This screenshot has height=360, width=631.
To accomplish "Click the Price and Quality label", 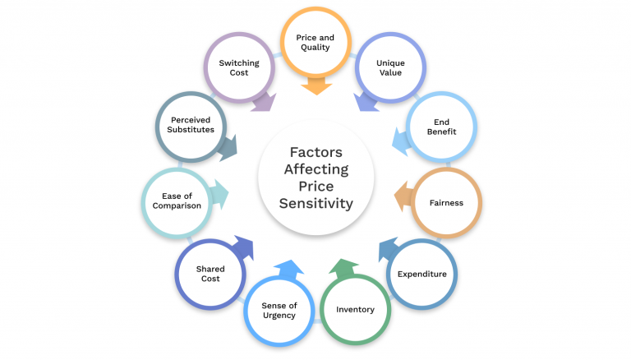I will (x=315, y=43).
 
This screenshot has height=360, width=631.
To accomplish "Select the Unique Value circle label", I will (x=389, y=67).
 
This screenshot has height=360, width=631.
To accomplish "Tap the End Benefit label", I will (x=441, y=127).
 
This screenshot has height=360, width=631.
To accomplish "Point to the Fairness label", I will (x=446, y=202).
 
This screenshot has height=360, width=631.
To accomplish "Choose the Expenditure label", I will (x=421, y=274).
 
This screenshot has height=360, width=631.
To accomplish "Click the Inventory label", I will (x=355, y=309).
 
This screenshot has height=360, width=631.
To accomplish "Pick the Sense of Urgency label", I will (x=279, y=310).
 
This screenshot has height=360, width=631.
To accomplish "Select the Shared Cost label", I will (x=210, y=274).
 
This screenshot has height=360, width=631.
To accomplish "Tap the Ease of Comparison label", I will (x=177, y=201).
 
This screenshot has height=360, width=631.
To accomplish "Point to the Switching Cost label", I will (x=240, y=67).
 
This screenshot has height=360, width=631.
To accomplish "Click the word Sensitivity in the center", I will (x=315, y=204).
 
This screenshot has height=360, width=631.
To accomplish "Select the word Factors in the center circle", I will (x=315, y=152).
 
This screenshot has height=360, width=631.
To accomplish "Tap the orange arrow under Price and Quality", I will (x=315, y=85).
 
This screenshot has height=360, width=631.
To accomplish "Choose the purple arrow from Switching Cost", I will (x=263, y=100).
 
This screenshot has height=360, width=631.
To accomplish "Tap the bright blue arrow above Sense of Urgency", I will (x=288, y=269).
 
